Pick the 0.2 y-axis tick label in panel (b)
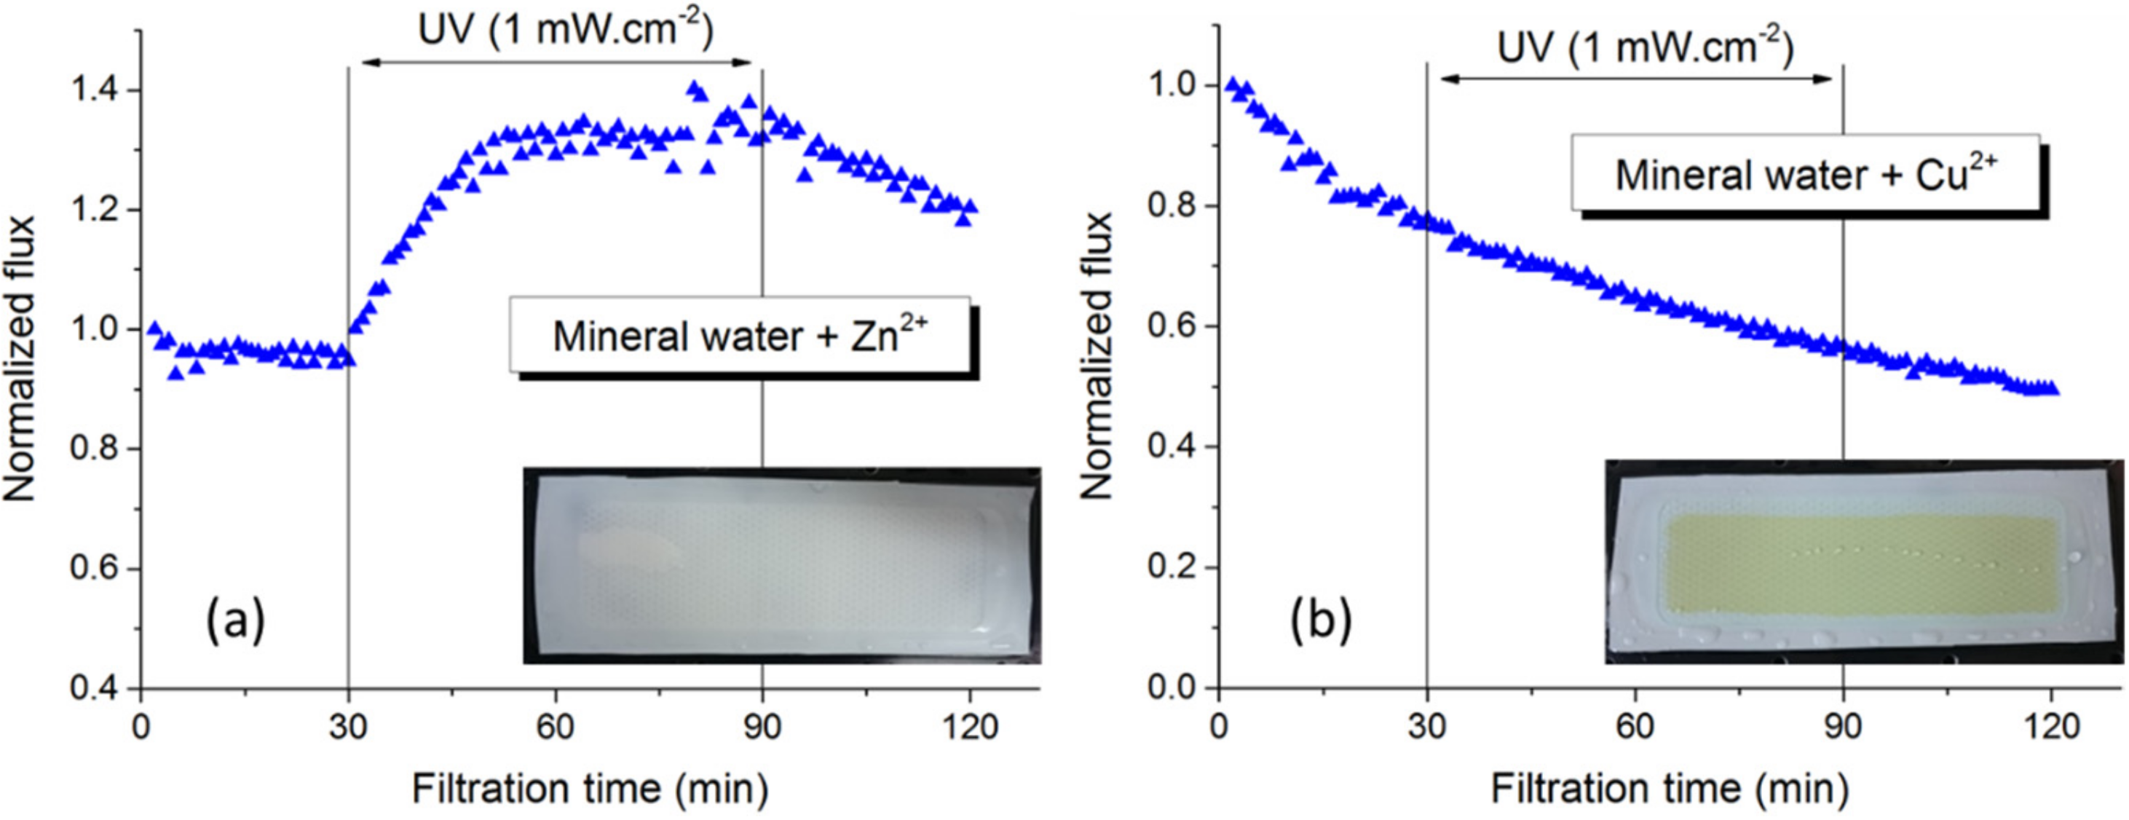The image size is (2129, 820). [1172, 567]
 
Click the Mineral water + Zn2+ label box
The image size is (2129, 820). [740, 335]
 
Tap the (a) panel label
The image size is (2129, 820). [236, 620]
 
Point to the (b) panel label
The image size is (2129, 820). [1321, 620]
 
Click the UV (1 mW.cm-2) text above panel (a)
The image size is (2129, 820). [565, 31]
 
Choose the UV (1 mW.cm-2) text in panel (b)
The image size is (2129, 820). [1645, 47]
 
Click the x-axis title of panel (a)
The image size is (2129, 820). [590, 788]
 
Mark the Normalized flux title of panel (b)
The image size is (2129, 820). [1097, 355]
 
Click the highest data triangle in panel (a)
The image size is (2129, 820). [693, 87]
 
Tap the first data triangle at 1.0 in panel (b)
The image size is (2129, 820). [1232, 84]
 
